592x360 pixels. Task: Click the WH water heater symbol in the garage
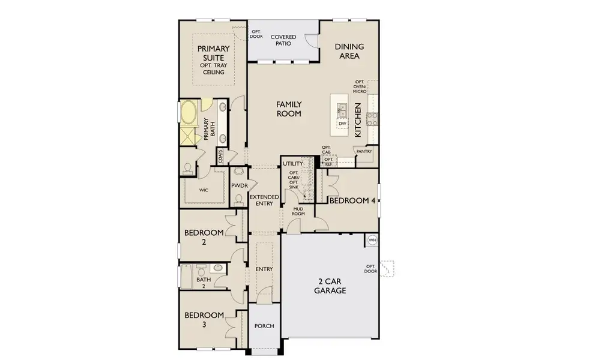pyautogui.click(x=372, y=239)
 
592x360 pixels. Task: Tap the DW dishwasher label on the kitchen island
pyautogui.click(x=342, y=124)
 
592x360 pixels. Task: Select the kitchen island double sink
pyautogui.click(x=342, y=110)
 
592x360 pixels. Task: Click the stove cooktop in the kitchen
pyautogui.click(x=372, y=118)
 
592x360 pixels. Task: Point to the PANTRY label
pyautogui.click(x=364, y=152)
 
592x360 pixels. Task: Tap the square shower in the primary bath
pyautogui.click(x=189, y=134)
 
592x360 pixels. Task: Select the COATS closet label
pyautogui.click(x=221, y=157)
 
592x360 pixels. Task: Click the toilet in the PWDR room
pyautogui.click(x=238, y=199)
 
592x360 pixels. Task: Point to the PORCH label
pyautogui.click(x=264, y=326)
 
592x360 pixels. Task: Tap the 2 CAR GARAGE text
pyautogui.click(x=330, y=286)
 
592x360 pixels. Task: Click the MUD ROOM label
pyautogui.click(x=298, y=211)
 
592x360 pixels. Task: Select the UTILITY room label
pyautogui.click(x=293, y=163)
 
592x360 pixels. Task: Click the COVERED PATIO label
pyautogui.click(x=283, y=40)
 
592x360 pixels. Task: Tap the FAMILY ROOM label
pyautogui.click(x=288, y=109)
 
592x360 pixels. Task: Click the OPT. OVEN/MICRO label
pyautogui.click(x=360, y=87)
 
